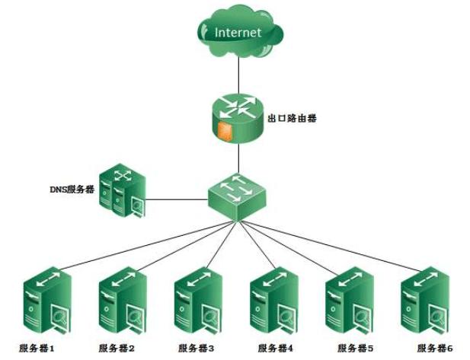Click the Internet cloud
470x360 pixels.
238,33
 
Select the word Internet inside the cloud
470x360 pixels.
238,33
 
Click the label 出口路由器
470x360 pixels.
293,118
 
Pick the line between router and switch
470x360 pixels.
238,158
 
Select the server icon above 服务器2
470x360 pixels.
123,301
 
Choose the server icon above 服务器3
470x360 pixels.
198,301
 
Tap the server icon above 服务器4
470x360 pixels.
275,301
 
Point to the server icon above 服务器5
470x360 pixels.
350,301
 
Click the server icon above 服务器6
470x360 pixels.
425,301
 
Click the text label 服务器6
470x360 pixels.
435,348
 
